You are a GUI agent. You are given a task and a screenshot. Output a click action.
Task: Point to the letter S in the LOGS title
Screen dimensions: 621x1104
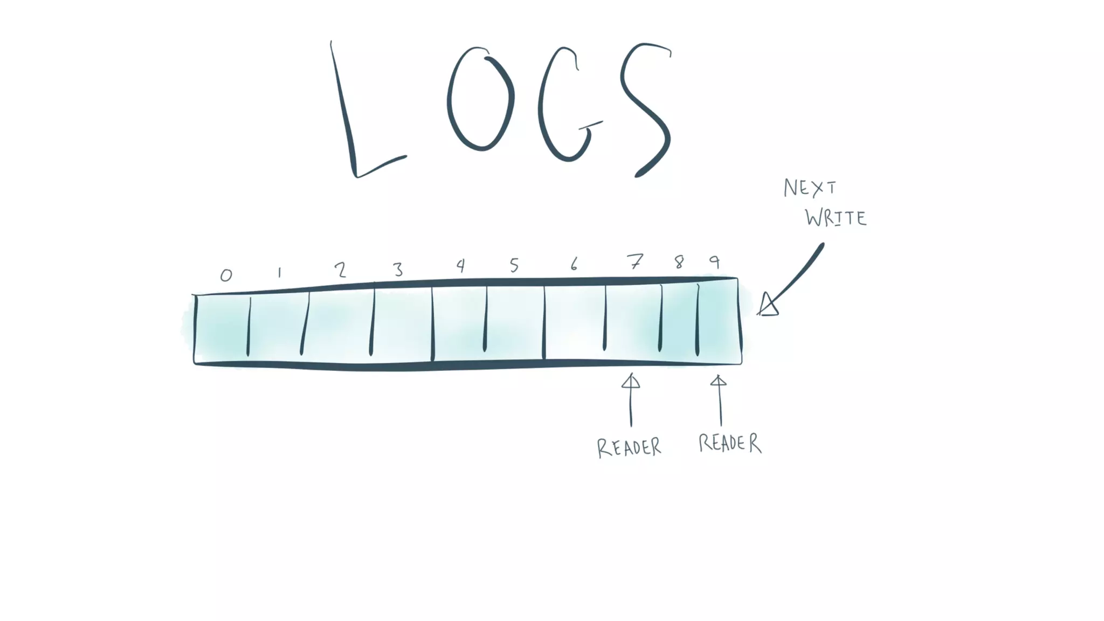pyautogui.click(x=646, y=108)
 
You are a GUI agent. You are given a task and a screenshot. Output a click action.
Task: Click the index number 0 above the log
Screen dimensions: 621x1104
pyautogui.click(x=226, y=275)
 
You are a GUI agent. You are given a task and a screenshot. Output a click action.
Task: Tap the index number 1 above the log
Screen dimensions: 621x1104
pyautogui.click(x=279, y=273)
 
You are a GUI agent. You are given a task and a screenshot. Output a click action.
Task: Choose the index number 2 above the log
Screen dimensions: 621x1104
pyautogui.click(x=340, y=270)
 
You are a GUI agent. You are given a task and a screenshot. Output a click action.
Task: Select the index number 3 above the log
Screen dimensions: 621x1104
pyautogui.click(x=398, y=269)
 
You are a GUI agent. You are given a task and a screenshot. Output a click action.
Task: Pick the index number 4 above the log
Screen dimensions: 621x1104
pyautogui.click(x=460, y=265)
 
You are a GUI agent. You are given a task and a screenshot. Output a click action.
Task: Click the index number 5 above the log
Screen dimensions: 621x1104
pyautogui.click(x=514, y=265)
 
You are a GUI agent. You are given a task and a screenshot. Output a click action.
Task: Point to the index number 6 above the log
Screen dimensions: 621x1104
pyautogui.click(x=574, y=264)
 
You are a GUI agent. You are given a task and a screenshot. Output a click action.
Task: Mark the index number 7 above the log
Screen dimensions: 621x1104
pyautogui.click(x=636, y=262)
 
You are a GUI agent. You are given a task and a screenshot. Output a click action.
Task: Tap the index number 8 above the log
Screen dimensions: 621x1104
pyautogui.click(x=679, y=262)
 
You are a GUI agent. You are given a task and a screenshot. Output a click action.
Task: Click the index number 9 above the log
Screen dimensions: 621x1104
pyautogui.click(x=715, y=262)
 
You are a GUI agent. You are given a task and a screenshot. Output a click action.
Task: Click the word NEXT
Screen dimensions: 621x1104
pyautogui.click(x=810, y=188)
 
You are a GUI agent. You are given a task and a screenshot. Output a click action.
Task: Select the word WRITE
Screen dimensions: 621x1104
pyautogui.click(x=836, y=218)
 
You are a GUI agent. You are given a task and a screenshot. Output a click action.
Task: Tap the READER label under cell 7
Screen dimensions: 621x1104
pyautogui.click(x=629, y=447)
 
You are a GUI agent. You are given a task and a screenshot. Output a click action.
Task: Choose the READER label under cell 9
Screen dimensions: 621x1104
pyautogui.click(x=730, y=443)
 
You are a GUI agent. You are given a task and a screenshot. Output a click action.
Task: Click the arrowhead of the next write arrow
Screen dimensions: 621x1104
pyautogui.click(x=768, y=305)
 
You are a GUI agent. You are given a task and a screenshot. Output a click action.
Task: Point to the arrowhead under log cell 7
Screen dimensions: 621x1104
pyautogui.click(x=631, y=382)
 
